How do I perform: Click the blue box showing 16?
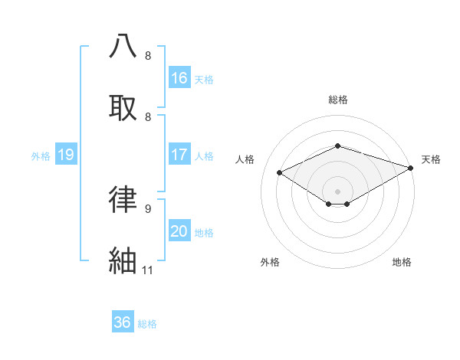(179, 77)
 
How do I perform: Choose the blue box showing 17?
(179, 155)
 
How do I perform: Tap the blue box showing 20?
(179, 231)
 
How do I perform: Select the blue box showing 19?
(66, 155)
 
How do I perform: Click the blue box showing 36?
(123, 322)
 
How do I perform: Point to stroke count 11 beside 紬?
(148, 270)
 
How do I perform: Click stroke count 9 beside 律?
(148, 208)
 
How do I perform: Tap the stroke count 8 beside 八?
(148, 55)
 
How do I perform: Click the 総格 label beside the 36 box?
(147, 324)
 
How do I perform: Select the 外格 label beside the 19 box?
(41, 155)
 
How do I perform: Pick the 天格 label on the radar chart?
(431, 159)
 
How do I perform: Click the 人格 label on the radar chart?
(245, 159)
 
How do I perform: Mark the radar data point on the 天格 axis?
(412, 167)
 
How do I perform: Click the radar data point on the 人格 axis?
(280, 172)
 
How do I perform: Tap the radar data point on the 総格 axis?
(338, 146)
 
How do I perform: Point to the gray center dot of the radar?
(338, 191)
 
